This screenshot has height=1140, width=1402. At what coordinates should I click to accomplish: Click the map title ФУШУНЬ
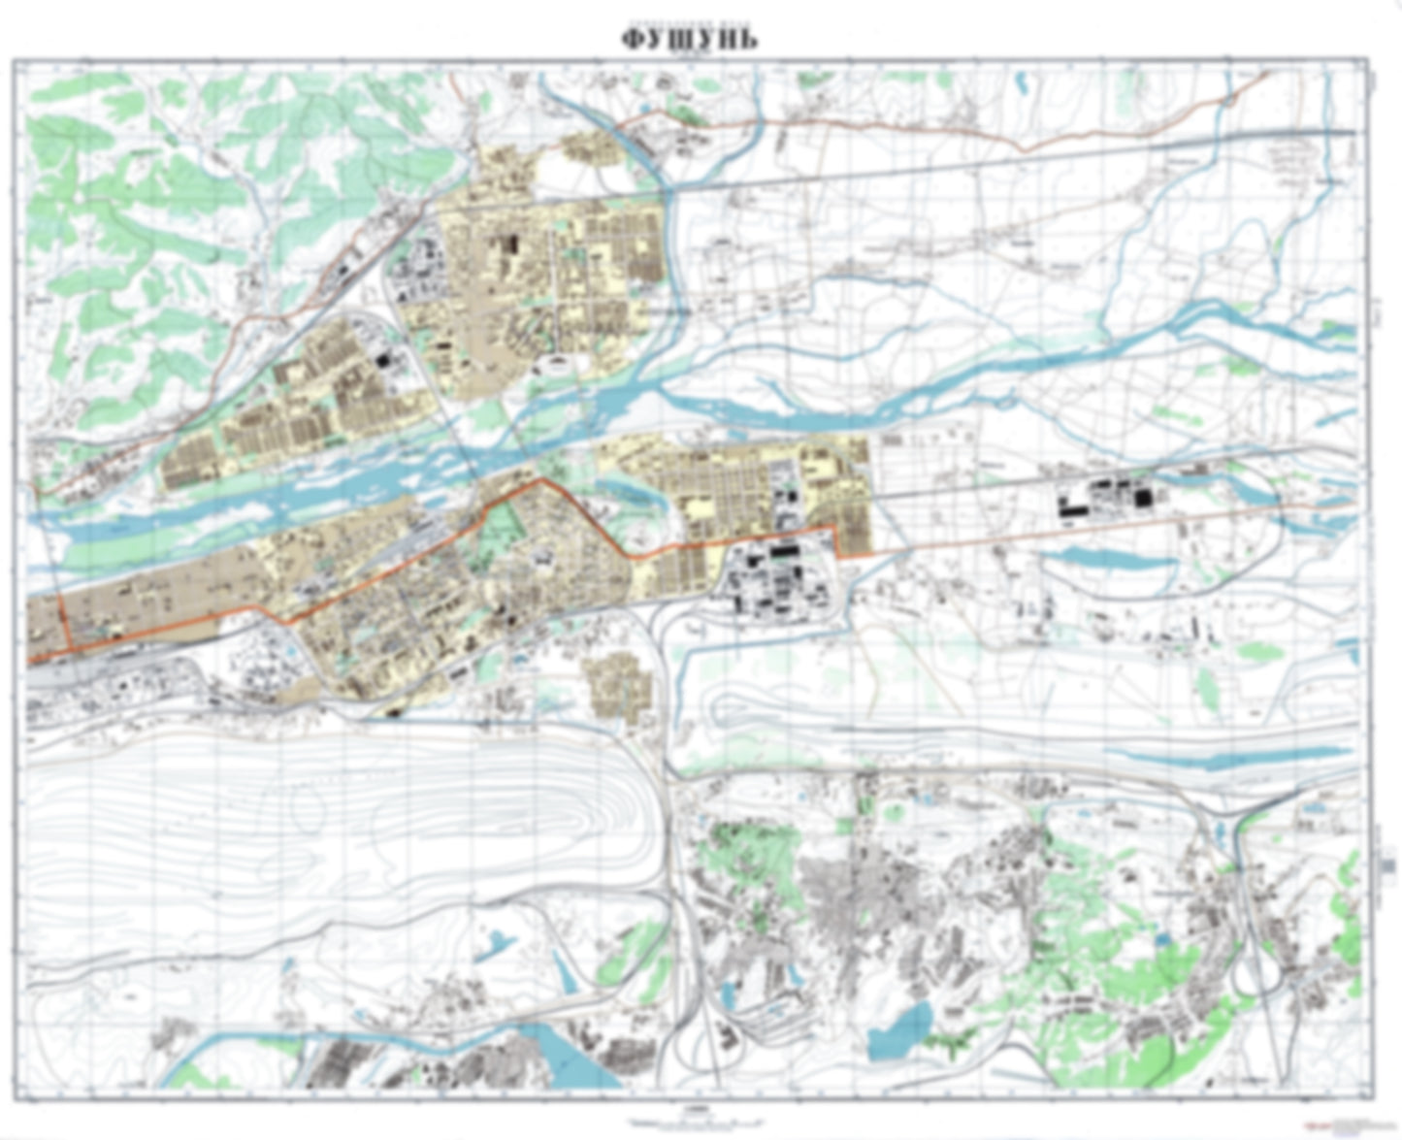point(690,39)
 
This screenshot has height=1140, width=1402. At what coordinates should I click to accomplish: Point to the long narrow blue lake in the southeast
point(1232,756)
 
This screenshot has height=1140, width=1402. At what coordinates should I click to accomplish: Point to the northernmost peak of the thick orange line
point(540,479)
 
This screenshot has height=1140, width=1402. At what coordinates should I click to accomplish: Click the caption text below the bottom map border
point(695,1119)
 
